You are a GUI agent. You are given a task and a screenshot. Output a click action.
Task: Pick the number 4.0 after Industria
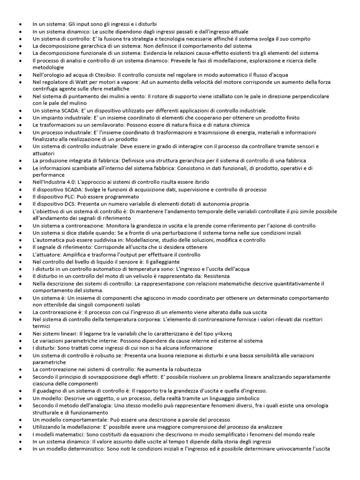[71, 182]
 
